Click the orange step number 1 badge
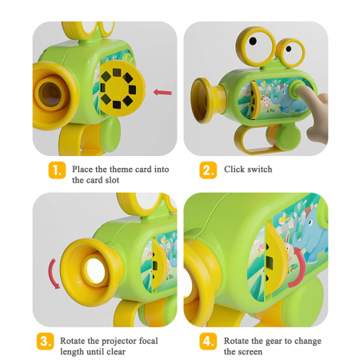(57, 170)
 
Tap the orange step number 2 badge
(208, 170)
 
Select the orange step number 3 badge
(46, 341)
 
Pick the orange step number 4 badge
(208, 341)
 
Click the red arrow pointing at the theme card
(162, 93)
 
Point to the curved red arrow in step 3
(52, 274)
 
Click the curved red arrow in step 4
(298, 267)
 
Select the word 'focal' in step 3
(148, 341)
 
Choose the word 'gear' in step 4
(272, 342)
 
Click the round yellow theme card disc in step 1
(120, 89)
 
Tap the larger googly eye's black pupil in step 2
(253, 41)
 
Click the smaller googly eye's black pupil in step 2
(289, 49)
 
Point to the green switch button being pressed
(295, 88)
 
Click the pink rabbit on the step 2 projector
(266, 102)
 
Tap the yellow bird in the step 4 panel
(282, 218)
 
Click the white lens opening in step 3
(95, 270)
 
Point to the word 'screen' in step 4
(249, 352)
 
